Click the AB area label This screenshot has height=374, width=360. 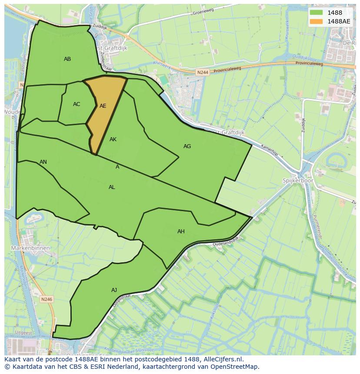67,59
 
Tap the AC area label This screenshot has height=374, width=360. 77,104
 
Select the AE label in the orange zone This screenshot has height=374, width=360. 103,106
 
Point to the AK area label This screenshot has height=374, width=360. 113,139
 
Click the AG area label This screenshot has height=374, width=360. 187,146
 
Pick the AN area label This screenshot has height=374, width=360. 43,162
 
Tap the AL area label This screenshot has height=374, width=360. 112,187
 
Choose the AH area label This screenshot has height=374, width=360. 181,232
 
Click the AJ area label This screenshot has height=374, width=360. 114,290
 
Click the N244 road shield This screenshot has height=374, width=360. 202,73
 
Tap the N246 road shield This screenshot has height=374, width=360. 47,299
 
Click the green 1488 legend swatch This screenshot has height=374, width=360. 316,13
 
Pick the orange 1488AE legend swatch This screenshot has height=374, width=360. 316,21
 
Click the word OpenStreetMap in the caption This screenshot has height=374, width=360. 235,367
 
